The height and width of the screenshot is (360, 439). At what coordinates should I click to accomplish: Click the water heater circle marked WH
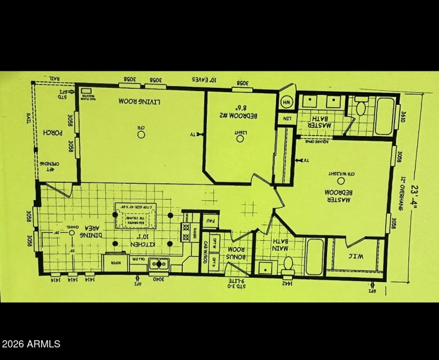286,102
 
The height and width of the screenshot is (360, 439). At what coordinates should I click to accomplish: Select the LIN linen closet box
286,119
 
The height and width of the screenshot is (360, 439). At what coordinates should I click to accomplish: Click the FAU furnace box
210,221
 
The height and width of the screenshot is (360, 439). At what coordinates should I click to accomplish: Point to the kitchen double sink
159,264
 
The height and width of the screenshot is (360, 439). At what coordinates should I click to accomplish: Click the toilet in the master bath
361,107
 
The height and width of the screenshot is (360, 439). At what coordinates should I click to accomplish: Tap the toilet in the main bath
288,265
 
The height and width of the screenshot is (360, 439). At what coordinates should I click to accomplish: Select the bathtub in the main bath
314,257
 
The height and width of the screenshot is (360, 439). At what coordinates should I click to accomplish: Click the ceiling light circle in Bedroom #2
240,138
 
